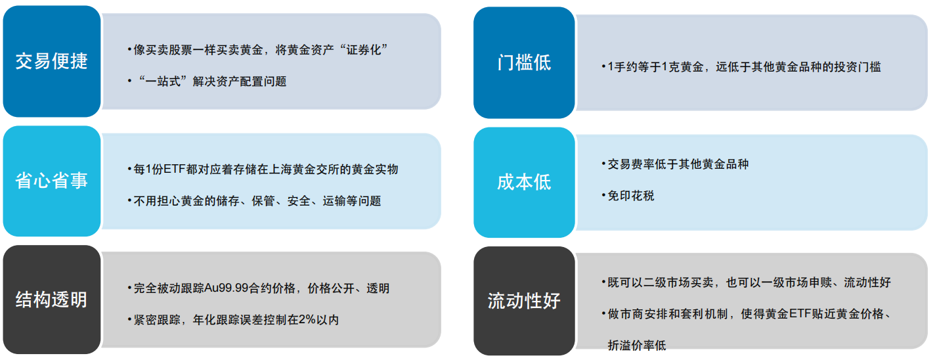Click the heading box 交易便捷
click(52, 61)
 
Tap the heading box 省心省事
click(52, 181)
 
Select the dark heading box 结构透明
click(52, 300)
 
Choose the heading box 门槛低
click(524, 62)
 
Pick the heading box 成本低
click(524, 183)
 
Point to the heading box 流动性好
click(524, 301)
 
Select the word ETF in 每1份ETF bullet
click(174, 169)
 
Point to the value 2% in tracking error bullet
click(307, 320)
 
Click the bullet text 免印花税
click(631, 196)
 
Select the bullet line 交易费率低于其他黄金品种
click(678, 164)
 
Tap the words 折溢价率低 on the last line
click(637, 346)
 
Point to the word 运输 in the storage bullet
click(334, 201)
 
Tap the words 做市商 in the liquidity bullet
click(625, 313)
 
